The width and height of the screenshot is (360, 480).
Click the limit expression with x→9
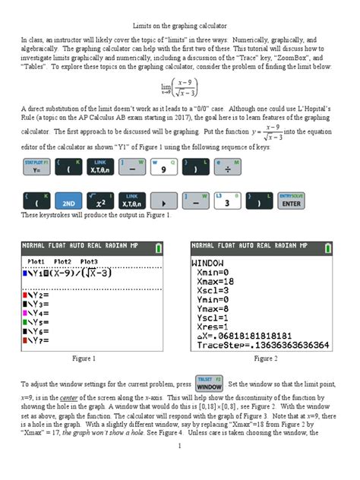[180, 88]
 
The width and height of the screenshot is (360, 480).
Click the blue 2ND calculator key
[69, 204]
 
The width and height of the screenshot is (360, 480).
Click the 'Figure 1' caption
[83, 358]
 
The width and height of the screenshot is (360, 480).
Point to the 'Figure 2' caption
[266, 358]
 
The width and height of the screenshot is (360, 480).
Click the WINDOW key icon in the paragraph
[209, 384]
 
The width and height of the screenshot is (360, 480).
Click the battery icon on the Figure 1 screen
[158, 247]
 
